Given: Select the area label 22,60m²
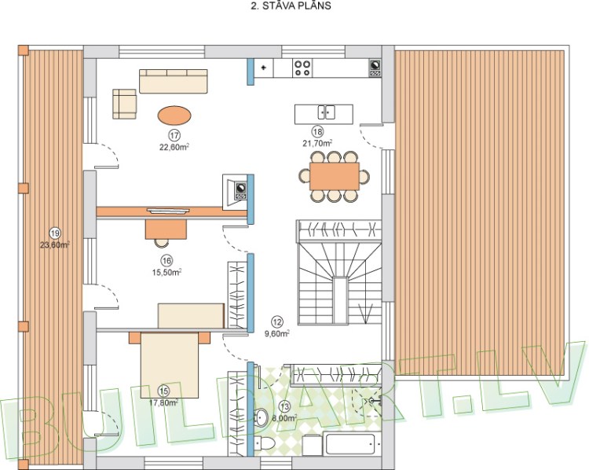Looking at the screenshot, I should [x=174, y=145].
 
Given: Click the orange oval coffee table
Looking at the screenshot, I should [x=174, y=115].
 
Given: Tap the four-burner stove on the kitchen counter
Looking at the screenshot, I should [x=304, y=68].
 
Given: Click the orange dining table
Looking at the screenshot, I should [x=335, y=173].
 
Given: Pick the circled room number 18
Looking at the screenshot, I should [x=317, y=132].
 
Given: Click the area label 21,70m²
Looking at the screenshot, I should [x=317, y=143].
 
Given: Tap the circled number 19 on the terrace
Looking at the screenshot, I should [x=54, y=233].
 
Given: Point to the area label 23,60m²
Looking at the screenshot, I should [x=55, y=244].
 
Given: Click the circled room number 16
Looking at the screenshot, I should [x=166, y=261].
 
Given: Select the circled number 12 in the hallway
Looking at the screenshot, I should [x=276, y=321].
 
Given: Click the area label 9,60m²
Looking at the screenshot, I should [x=276, y=332].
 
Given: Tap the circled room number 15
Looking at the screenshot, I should [x=163, y=390].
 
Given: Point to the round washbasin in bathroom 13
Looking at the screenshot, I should [x=261, y=417].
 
